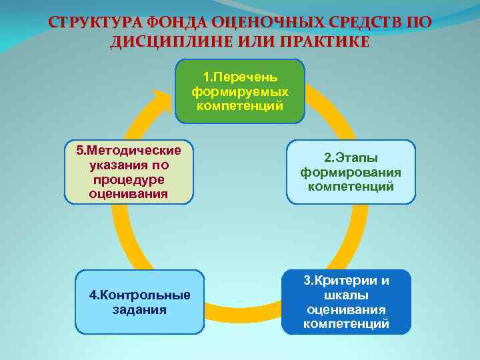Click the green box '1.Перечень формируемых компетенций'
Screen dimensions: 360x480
239,91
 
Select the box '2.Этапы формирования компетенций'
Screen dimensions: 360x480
351,172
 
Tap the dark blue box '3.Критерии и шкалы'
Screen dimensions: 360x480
346,302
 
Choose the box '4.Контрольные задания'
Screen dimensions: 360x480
139,302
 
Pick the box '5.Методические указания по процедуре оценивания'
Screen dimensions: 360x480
129,171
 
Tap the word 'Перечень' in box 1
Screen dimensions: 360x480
245,77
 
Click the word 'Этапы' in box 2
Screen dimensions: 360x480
358,158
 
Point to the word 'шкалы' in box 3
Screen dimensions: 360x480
347,295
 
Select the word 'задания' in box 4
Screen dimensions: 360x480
140,310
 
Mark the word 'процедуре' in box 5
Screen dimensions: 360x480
129,179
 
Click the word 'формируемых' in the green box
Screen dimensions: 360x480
240,91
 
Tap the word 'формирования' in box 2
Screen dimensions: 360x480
351,172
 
